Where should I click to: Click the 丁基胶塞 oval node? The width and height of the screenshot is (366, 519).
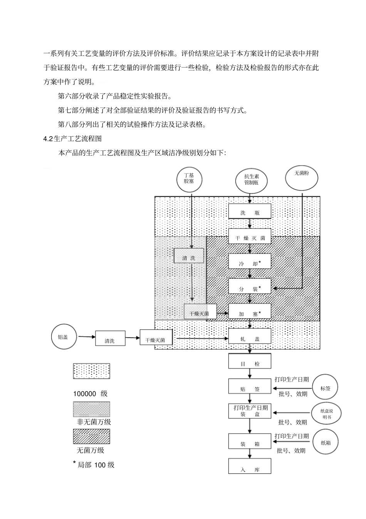click(189, 178)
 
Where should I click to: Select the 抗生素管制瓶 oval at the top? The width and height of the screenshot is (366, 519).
click(251, 180)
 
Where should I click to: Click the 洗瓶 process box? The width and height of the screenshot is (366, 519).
click(250, 211)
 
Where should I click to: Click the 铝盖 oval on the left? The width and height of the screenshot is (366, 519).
click(65, 337)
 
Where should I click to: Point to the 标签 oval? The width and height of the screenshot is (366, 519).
click(326, 388)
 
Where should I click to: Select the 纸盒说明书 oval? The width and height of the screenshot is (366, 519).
click(326, 414)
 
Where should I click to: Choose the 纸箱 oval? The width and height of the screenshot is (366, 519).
click(326, 442)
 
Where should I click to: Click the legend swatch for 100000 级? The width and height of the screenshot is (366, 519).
click(91, 371)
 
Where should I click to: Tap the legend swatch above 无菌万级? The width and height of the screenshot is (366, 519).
click(91, 437)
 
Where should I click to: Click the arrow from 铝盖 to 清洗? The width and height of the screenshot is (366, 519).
click(87, 337)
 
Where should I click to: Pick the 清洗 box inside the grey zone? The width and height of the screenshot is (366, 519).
click(188, 256)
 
